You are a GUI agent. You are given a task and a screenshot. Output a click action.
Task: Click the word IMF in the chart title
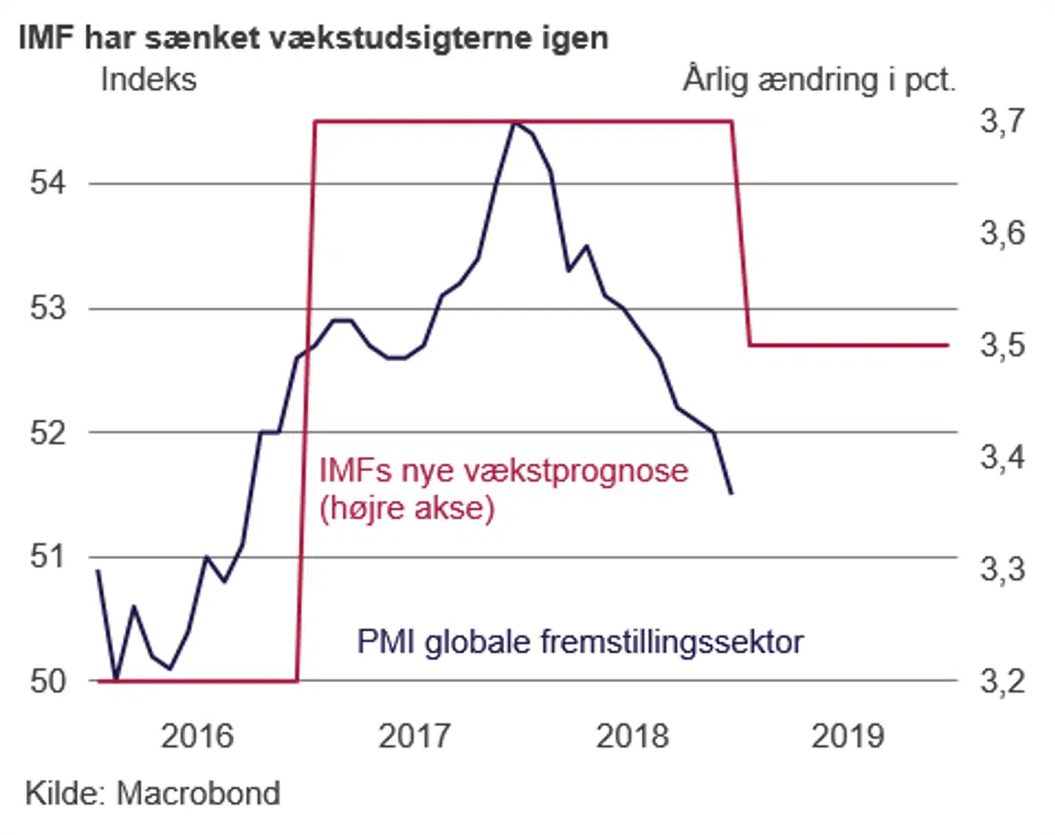[x=46, y=37]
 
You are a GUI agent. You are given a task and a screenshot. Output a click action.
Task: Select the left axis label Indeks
[x=149, y=79]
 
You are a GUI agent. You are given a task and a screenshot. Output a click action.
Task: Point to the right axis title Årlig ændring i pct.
[x=819, y=79]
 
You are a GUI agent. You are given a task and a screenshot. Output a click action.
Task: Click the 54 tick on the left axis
[x=48, y=182]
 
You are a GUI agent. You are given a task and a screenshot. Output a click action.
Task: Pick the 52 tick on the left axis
[x=48, y=433]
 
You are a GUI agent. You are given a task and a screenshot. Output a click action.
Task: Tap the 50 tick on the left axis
[x=48, y=682]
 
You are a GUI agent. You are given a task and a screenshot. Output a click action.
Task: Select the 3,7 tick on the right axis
[x=1002, y=121]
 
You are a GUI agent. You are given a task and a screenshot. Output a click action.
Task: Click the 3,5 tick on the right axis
[x=1002, y=345]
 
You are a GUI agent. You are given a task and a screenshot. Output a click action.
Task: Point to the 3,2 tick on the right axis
[x=1002, y=682]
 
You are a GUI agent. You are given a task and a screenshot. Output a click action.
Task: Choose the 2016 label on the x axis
[x=197, y=736]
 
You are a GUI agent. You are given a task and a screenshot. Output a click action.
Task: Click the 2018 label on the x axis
[x=632, y=736]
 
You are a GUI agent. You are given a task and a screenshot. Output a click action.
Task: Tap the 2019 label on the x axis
[x=848, y=736]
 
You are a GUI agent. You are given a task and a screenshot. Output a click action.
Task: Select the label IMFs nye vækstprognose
[x=503, y=470]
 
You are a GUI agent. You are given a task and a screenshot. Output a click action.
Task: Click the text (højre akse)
[x=407, y=508]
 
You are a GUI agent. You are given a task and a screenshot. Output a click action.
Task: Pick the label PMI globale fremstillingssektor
[x=580, y=642]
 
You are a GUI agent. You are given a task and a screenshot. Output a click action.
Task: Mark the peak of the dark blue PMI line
[x=515, y=123]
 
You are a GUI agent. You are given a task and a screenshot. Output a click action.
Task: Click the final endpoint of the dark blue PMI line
[x=731, y=493]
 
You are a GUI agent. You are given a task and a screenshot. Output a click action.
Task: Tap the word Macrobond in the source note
[x=199, y=793]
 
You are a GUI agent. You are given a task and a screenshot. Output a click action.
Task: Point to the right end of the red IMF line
[x=948, y=344]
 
